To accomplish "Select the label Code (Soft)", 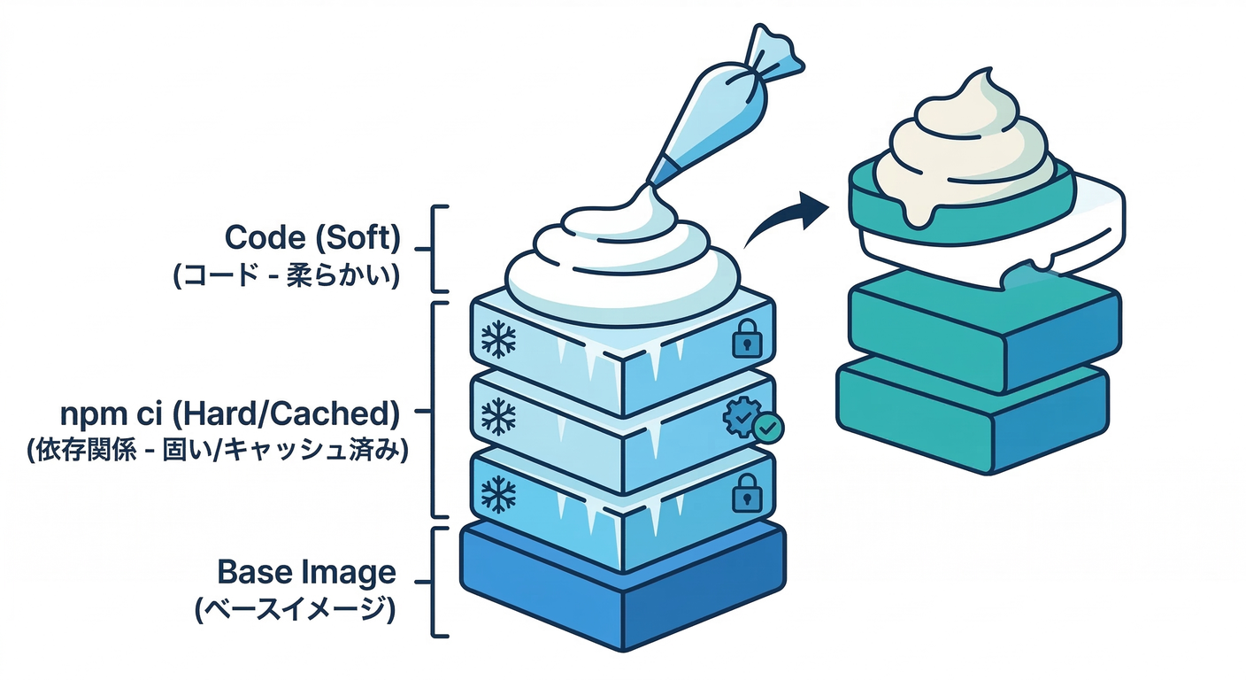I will coord(312,237).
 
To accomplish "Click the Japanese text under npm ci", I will coord(217,451).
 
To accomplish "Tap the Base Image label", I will coord(306,572).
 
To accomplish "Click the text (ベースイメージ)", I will coord(294,610).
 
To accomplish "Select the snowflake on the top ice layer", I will coord(498,339).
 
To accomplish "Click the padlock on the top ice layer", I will coord(746,337).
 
